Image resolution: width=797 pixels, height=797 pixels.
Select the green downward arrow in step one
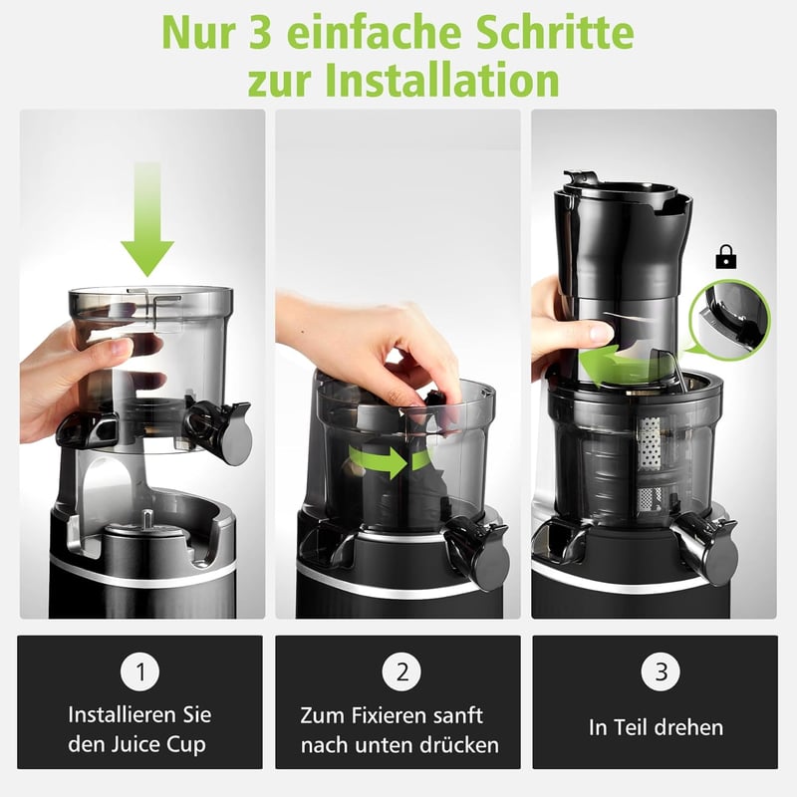click(147, 218)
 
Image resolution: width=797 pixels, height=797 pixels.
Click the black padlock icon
click(726, 257)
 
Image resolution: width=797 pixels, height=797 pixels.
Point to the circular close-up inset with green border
click(730, 320)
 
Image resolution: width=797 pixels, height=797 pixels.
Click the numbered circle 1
click(139, 671)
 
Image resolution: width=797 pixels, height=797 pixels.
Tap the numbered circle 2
click(401, 671)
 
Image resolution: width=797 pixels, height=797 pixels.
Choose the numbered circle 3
click(661, 671)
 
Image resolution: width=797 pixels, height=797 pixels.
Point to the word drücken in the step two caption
click(459, 745)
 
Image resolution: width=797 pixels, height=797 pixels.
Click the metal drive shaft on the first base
click(146, 519)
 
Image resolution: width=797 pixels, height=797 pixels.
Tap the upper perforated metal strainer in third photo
click(649, 443)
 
